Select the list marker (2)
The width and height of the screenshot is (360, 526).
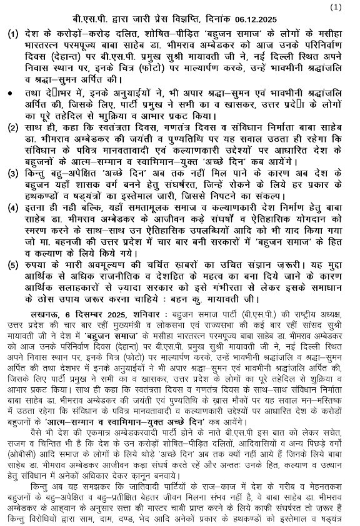pos(13,129)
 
